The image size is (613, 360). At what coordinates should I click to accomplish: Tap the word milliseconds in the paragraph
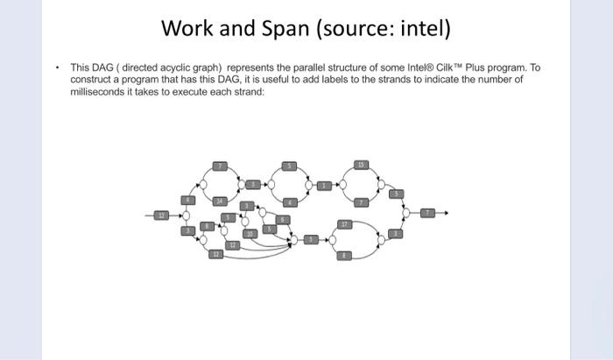coord(95,91)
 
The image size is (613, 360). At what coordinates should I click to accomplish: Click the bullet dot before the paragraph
coord(56,67)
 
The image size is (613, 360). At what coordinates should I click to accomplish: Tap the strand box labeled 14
coord(221,201)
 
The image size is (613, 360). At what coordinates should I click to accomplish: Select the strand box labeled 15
coord(361,164)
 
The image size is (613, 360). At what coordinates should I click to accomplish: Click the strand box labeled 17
coord(346,224)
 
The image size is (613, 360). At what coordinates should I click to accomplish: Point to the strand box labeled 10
coord(249,235)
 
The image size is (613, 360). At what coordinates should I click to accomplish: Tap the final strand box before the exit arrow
coord(427,213)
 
